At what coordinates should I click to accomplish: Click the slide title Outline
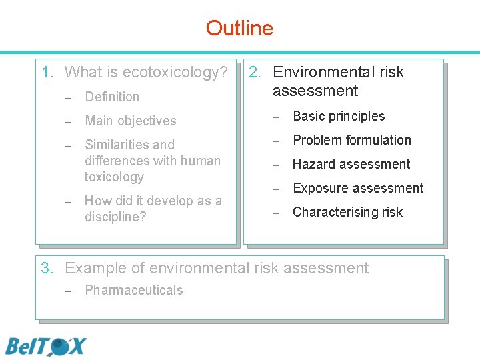pyautogui.click(x=239, y=28)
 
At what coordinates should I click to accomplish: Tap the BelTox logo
pyautogui.click(x=46, y=347)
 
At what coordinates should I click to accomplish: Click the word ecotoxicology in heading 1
pyautogui.click(x=175, y=72)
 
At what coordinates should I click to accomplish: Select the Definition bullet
pyautogui.click(x=112, y=97)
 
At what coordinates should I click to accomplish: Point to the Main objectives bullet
pyautogui.click(x=130, y=121)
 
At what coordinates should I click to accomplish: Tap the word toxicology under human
pyautogui.click(x=114, y=177)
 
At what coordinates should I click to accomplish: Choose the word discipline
pyautogui.click(x=115, y=217)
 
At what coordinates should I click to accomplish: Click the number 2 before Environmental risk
pyautogui.click(x=254, y=72)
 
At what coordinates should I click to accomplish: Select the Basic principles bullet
pyautogui.click(x=339, y=116)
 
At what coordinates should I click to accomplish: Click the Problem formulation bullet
pyautogui.click(x=352, y=140)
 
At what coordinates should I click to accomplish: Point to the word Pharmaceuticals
pyautogui.click(x=133, y=290)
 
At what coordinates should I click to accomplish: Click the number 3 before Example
pyautogui.click(x=46, y=268)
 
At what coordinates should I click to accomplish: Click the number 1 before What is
pyautogui.click(x=46, y=72)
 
